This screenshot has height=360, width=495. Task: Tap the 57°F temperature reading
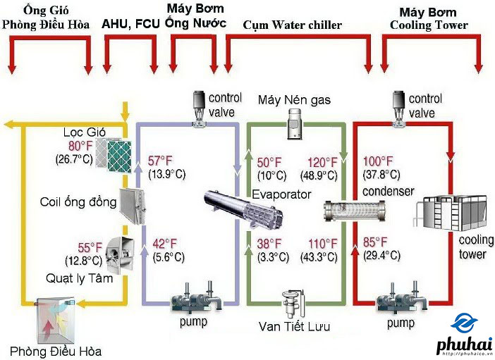tap(161, 160)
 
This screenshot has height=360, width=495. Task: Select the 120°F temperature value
tap(321, 160)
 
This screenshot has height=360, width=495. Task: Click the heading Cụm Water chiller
tap(292, 25)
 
